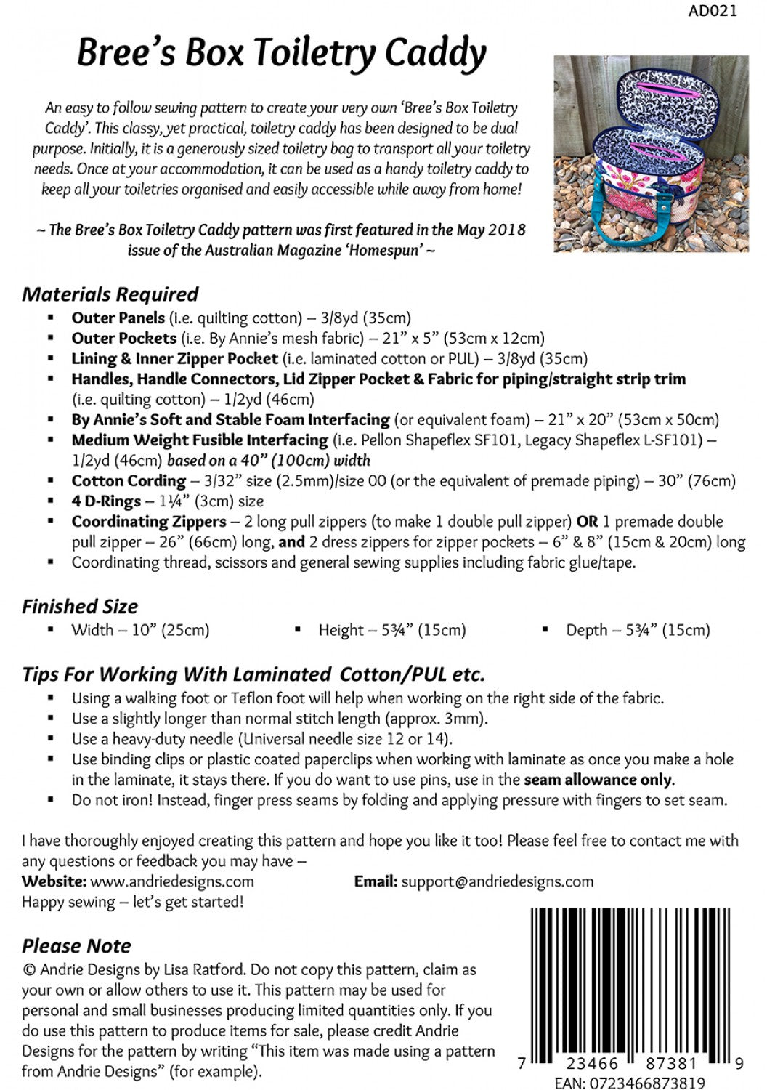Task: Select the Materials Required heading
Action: click(x=110, y=294)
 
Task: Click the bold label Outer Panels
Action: click(x=118, y=318)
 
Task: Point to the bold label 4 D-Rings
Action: click(x=105, y=501)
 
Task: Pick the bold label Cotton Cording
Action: click(x=129, y=480)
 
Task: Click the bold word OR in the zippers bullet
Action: click(x=587, y=521)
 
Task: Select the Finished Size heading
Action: click(x=79, y=606)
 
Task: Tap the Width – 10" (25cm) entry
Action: click(x=139, y=630)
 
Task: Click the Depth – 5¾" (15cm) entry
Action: click(x=638, y=630)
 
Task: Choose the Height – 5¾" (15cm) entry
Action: click(x=392, y=630)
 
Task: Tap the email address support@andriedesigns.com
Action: click(x=497, y=881)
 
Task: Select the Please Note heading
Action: click(x=76, y=945)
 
